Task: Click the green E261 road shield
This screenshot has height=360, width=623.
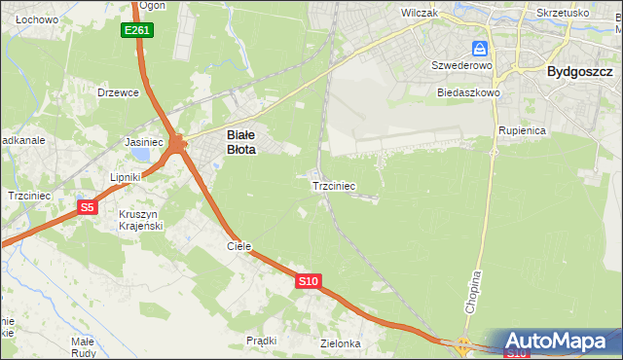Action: tap(137, 31)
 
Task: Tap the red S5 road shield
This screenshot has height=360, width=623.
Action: tap(88, 207)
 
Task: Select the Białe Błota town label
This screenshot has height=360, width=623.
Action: tap(241, 143)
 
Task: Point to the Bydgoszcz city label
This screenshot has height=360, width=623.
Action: tap(579, 71)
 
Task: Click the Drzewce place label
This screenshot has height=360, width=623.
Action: tap(119, 92)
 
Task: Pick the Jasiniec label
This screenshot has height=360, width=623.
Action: tap(143, 141)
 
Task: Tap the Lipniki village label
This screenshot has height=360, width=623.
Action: tap(127, 177)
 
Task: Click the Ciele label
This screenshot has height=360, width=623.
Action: tap(239, 247)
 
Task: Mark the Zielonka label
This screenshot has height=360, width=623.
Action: tap(341, 343)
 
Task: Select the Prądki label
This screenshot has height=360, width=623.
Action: tap(262, 341)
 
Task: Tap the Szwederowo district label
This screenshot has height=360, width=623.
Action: tap(462, 65)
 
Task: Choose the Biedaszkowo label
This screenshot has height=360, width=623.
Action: tap(468, 93)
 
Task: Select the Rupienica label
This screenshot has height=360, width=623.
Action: tap(522, 129)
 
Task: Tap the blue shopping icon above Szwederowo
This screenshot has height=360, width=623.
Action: tap(480, 48)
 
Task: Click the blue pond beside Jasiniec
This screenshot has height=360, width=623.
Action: tap(142, 155)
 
